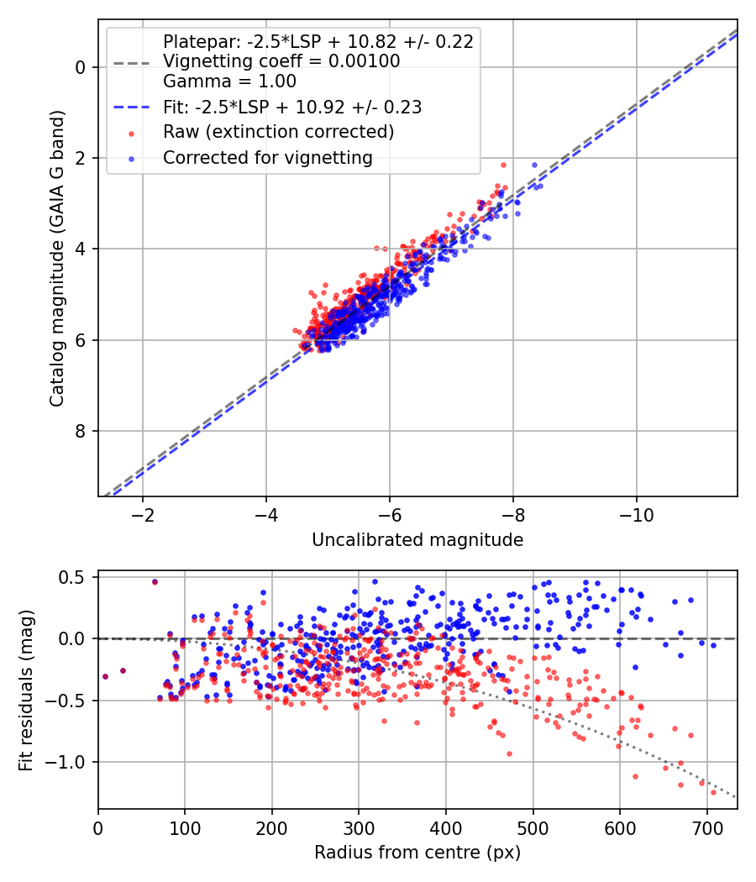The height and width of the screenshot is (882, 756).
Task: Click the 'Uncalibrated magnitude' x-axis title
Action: tap(417, 540)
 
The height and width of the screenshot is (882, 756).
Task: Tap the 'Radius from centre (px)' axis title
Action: tap(417, 853)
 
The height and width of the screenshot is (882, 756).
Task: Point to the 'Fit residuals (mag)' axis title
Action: tap(26, 690)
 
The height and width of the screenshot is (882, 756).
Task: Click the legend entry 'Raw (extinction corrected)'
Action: tap(278, 132)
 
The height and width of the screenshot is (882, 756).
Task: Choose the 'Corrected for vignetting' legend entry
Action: tap(267, 157)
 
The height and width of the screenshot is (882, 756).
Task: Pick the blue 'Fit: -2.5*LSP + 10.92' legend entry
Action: tap(291, 108)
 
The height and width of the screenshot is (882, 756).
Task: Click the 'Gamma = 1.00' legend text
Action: tap(229, 81)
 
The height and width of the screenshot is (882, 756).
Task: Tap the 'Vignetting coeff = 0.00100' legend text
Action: tap(281, 61)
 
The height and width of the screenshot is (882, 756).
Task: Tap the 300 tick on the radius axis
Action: tap(359, 827)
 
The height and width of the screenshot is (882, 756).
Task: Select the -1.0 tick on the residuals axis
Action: tap(71, 762)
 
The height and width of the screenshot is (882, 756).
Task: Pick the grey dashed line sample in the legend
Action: tap(132, 62)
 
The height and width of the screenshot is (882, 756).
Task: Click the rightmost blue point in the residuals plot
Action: tap(713, 645)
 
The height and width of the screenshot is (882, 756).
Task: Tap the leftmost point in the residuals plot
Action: tap(105, 676)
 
